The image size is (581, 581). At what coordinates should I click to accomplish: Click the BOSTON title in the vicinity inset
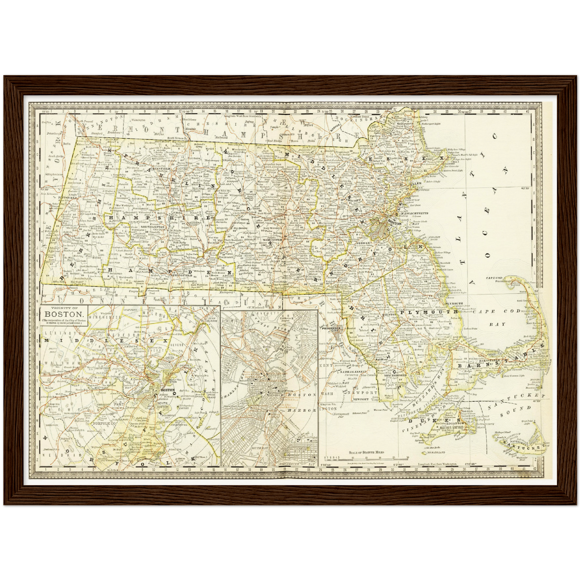point(64,314)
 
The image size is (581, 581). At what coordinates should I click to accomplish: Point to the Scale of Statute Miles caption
point(366,452)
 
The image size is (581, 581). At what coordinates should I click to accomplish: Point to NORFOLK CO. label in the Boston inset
point(104,423)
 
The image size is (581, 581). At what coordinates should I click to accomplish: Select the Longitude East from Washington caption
point(437,464)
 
